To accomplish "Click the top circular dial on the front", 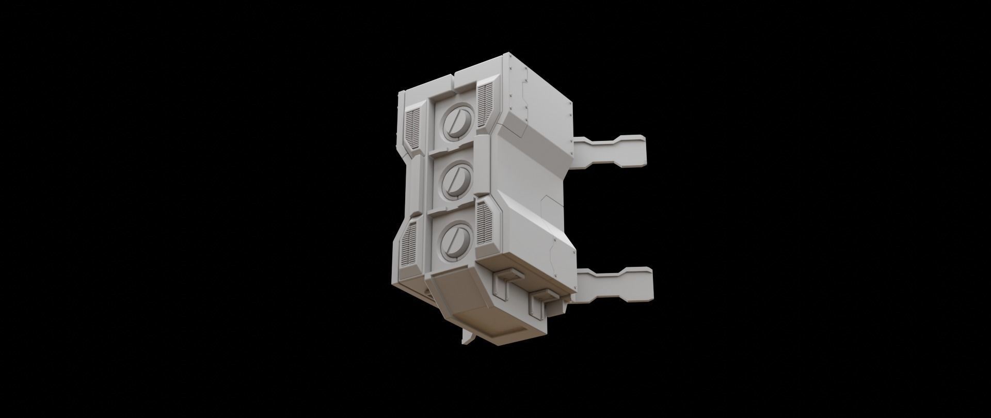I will point(455,123).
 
